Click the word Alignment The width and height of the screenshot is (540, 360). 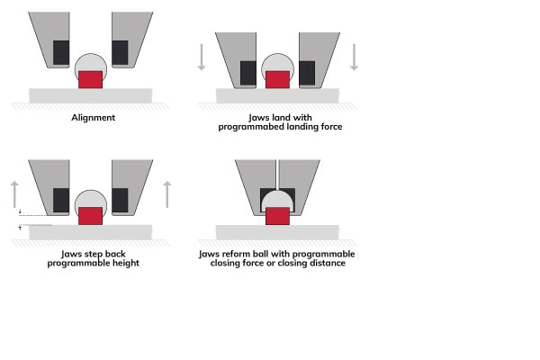click(94, 118)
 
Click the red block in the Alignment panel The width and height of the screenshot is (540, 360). click(91, 79)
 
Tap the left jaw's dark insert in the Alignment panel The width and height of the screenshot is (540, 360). click(61, 52)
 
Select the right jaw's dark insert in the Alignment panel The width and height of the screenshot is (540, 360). click(120, 52)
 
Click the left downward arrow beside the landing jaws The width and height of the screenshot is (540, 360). click(202, 58)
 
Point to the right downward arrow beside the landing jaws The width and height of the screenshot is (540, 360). click(354, 58)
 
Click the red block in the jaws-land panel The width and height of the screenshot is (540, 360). click(277, 79)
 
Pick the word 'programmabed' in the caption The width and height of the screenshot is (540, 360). click(244, 127)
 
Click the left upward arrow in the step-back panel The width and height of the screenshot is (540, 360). click(14, 194)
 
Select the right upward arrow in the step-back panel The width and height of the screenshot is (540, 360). click(167, 194)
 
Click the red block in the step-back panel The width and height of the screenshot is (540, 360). click(91, 216)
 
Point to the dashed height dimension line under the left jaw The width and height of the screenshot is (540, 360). click(33, 215)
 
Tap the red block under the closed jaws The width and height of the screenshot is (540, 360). click(277, 216)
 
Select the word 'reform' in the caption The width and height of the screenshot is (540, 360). click(237, 254)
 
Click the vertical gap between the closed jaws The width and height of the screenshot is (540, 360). click(277, 175)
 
